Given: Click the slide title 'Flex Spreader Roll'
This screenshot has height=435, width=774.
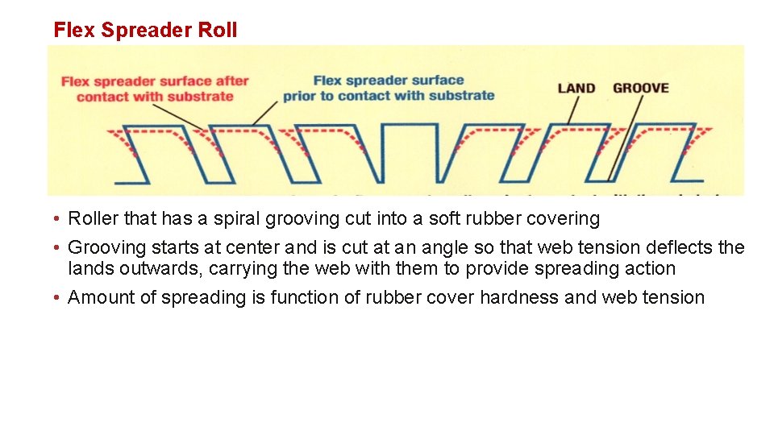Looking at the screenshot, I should pos(145,31).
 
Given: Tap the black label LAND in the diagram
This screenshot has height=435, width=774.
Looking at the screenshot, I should pos(576,88).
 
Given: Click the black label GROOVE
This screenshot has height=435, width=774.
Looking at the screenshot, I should pos(641,88).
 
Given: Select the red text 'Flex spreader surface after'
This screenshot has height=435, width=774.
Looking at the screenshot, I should pos(156,81).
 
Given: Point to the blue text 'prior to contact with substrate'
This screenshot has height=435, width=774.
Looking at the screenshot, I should pos(389,96).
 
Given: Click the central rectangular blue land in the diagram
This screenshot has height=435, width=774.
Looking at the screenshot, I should pos(409,153).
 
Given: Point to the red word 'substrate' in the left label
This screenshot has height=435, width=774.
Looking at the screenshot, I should pos(200,97).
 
